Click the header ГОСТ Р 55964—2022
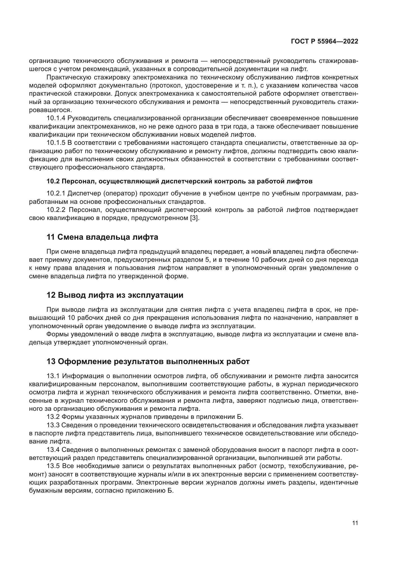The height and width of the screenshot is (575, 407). pos(324,42)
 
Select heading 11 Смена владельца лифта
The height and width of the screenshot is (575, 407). pos(102,237)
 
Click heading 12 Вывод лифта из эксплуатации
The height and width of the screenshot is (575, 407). pos(115,295)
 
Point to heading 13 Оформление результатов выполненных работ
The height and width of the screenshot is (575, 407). pos(148,362)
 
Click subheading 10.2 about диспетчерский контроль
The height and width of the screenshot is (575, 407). pos(179,181)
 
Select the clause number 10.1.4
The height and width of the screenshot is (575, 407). pos(56,118)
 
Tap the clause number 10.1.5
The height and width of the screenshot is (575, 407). pos(56,143)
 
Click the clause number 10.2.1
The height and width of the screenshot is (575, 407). pos(56,193)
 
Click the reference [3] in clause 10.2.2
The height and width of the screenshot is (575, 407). pos(194,218)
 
